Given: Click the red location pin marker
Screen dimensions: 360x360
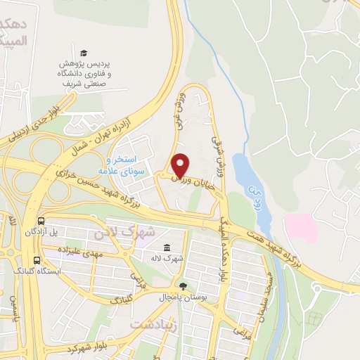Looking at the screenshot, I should coord(181,165).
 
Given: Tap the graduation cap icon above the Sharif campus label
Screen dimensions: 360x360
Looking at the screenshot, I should coord(84,53).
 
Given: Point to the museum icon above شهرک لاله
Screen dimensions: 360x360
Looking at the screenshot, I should coord(167,247).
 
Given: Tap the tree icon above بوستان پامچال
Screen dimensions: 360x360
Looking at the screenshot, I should coord(184,285).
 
